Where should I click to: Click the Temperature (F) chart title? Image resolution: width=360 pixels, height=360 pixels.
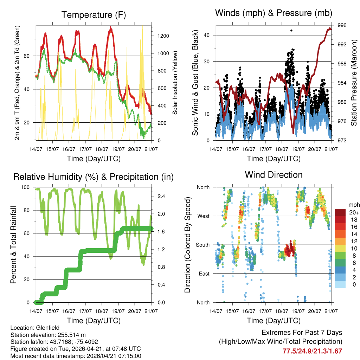[94, 15]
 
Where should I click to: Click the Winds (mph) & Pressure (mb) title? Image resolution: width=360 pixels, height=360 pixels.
[274, 13]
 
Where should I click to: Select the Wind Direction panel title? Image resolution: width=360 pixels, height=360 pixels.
[274, 175]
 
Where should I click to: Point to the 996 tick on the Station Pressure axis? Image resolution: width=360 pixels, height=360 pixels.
[342, 25]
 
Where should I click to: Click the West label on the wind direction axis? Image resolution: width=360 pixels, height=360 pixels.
[203, 216]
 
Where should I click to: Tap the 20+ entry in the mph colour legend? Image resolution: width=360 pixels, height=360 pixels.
[354, 212]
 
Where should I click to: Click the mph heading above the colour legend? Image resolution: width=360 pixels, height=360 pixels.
[353, 204]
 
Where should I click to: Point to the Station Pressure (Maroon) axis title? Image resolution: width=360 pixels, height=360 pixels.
[354, 83]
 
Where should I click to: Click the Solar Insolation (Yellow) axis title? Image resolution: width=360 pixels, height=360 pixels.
[175, 83]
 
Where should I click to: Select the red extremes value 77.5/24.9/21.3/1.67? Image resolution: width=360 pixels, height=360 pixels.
[312, 351]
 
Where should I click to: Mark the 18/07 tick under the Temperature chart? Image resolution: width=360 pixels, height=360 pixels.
[102, 149]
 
